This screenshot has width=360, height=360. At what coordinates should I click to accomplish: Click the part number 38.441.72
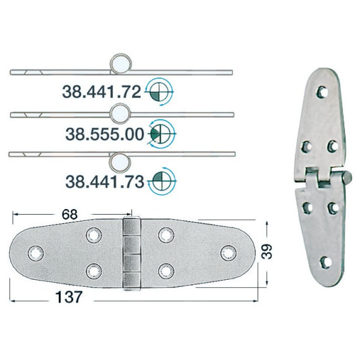[x=102, y=92]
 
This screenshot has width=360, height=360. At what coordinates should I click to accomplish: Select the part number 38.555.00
[x=105, y=135]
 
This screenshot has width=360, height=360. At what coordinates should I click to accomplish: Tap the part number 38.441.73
[x=105, y=182]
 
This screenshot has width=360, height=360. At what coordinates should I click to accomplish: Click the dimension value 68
[x=70, y=215]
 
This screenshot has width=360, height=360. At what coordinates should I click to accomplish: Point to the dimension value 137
[x=69, y=297]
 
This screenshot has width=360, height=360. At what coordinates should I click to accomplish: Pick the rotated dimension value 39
[x=267, y=251]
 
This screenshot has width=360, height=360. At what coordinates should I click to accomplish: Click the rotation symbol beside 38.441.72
[x=159, y=92]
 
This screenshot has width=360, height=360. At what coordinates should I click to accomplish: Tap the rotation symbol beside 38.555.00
[x=162, y=133]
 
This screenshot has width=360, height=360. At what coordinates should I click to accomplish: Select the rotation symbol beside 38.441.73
[x=162, y=181]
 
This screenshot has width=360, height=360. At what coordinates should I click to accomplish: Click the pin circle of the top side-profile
[x=121, y=64]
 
